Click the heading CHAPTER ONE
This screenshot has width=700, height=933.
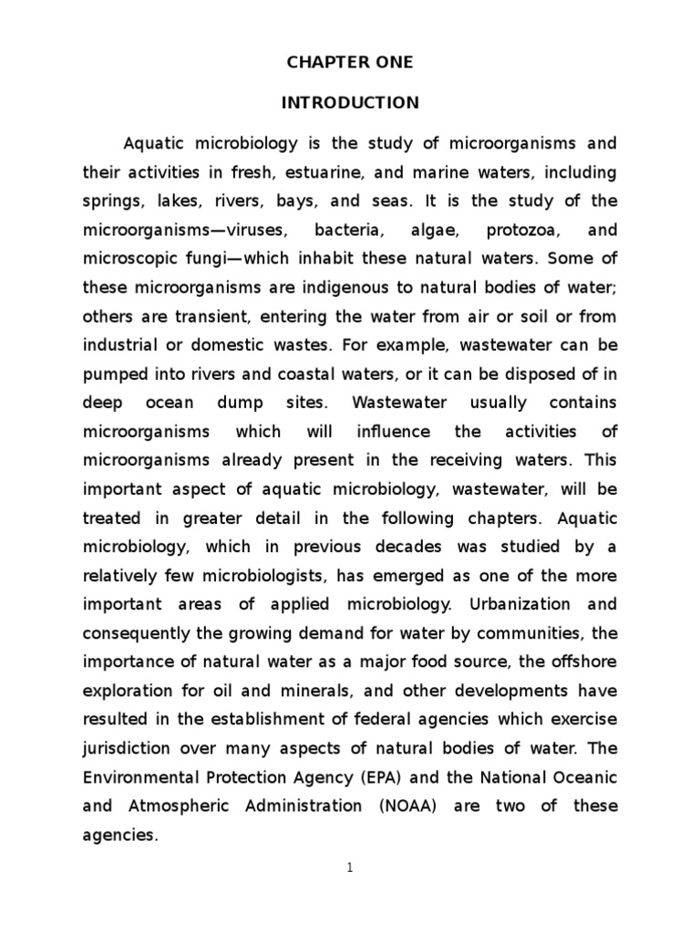click(x=350, y=63)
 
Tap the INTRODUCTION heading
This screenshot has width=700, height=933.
click(x=350, y=103)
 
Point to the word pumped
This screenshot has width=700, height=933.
click(x=114, y=374)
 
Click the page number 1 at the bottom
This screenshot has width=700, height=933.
click(x=350, y=868)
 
